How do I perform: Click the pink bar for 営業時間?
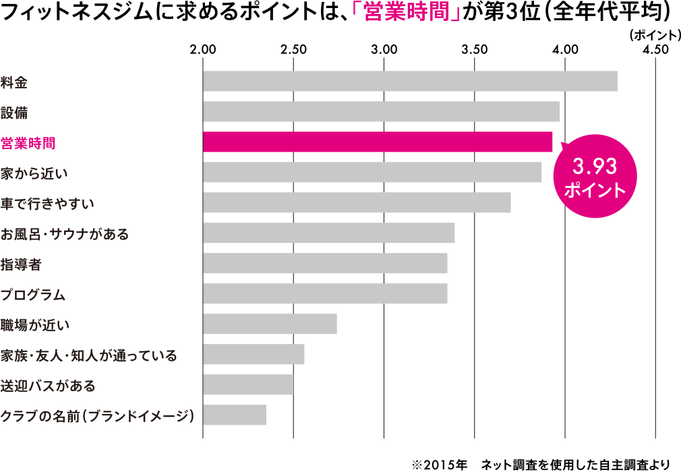click(x=378, y=142)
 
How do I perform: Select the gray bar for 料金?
click(x=410, y=81)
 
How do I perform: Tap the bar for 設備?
click(x=381, y=111)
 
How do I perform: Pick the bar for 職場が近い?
click(x=270, y=324)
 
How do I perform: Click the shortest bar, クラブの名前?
click(x=235, y=415)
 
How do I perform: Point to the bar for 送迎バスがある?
click(x=248, y=384)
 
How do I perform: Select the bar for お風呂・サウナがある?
click(x=328, y=233)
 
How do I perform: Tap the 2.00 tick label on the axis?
click(x=203, y=50)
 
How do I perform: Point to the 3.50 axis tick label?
click(x=475, y=50)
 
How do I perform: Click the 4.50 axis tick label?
click(x=655, y=50)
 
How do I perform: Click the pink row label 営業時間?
click(x=28, y=142)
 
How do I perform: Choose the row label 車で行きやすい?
click(x=47, y=203)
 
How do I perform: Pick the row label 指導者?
click(x=21, y=264)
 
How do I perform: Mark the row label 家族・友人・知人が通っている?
click(x=88, y=355)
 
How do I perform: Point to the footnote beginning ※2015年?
click(x=540, y=464)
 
